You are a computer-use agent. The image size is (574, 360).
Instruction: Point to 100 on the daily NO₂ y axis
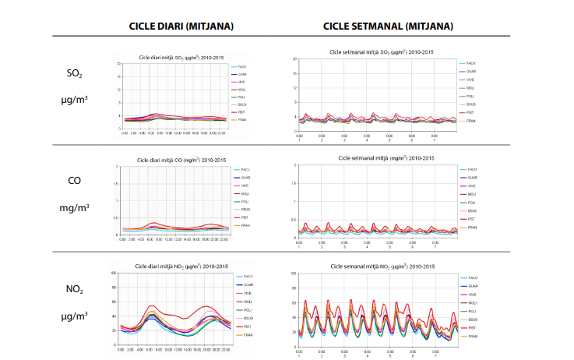pos(113,274)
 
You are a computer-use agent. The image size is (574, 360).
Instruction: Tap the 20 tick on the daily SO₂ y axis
pos(118,64)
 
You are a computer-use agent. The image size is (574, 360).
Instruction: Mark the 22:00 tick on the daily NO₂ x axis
pos(224,349)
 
